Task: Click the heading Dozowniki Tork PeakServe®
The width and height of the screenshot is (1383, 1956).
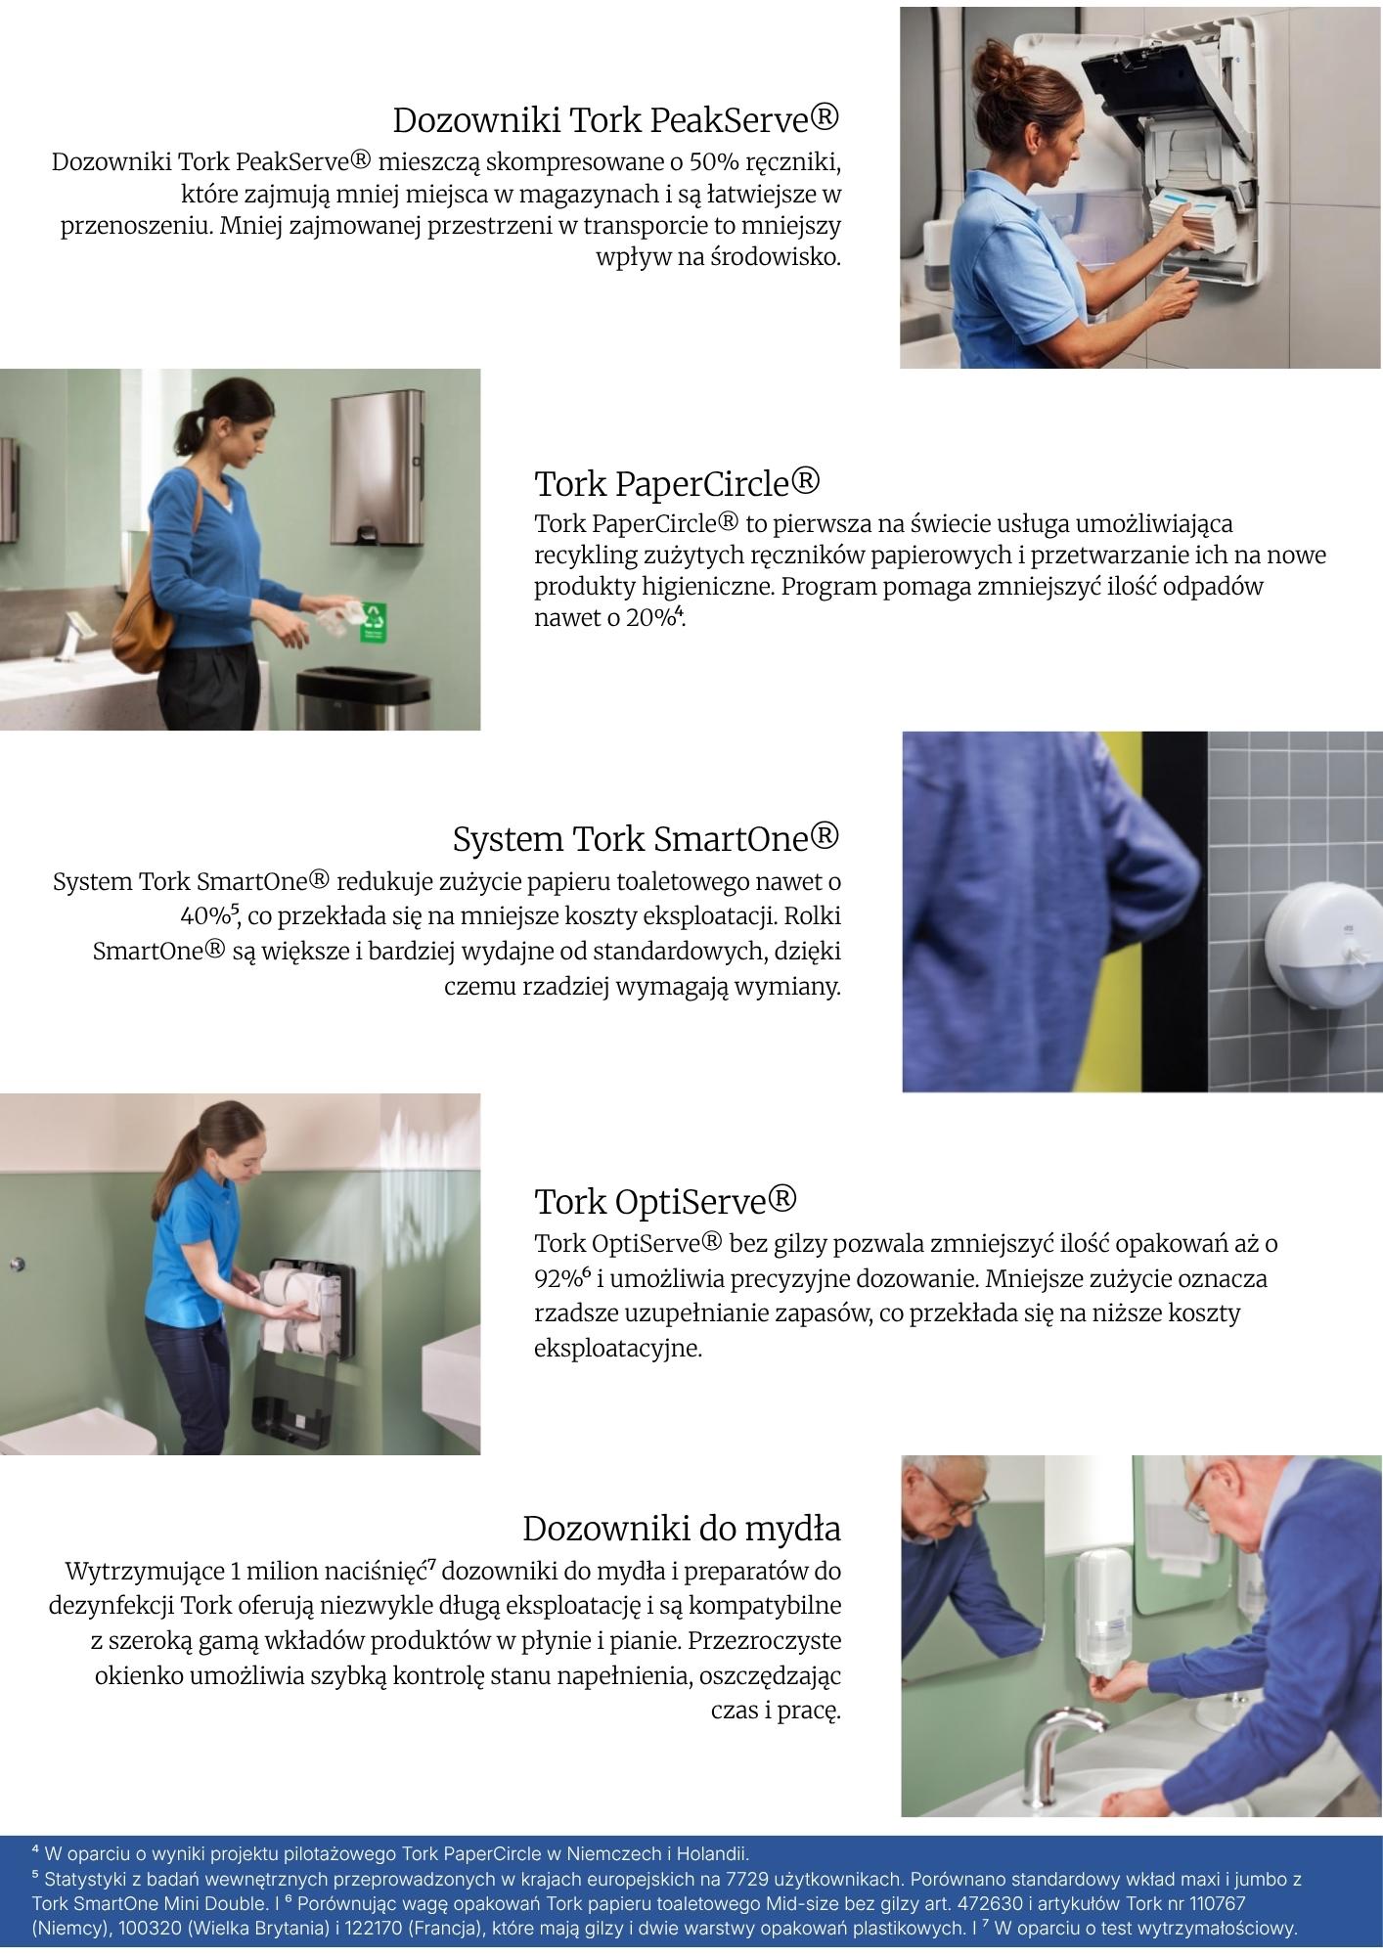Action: pyautogui.click(x=616, y=119)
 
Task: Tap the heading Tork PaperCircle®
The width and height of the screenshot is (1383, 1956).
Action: pyautogui.click(x=677, y=483)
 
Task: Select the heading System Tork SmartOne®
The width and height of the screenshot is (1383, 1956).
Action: pyautogui.click(x=646, y=838)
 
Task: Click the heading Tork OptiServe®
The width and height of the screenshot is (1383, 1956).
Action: pyautogui.click(x=665, y=1200)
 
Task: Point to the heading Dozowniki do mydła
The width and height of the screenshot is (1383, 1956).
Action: pyautogui.click(x=682, y=1528)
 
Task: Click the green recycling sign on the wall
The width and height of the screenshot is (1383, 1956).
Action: pyautogui.click(x=374, y=622)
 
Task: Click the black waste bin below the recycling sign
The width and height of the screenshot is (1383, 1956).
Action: pyautogui.click(x=362, y=697)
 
